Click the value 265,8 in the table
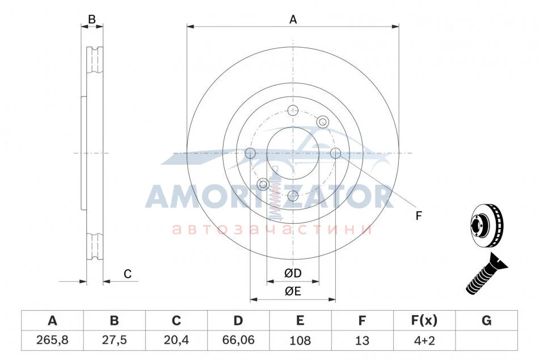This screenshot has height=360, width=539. [52, 340]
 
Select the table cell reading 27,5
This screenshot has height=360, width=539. [114, 340]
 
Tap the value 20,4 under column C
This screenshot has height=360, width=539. [176, 340]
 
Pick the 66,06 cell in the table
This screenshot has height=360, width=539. [238, 340]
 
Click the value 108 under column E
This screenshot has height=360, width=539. [300, 340]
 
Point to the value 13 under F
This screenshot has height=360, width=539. [362, 340]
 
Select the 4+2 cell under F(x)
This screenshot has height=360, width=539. [424, 340]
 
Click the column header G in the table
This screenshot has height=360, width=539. [486, 320]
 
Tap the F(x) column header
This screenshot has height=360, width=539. [424, 320]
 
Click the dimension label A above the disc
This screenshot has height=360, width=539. [293, 20]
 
